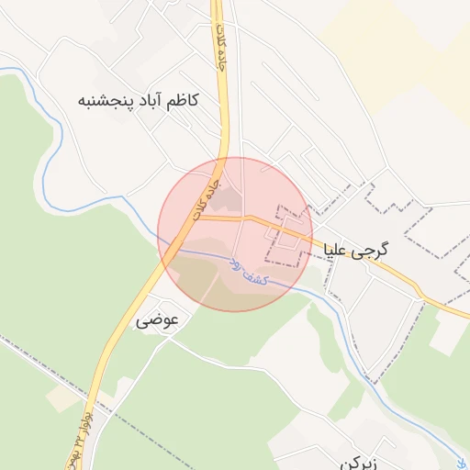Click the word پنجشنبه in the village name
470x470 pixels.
point(105,100)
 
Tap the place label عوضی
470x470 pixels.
point(156,321)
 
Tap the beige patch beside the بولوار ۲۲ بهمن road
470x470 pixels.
point(62,397)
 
